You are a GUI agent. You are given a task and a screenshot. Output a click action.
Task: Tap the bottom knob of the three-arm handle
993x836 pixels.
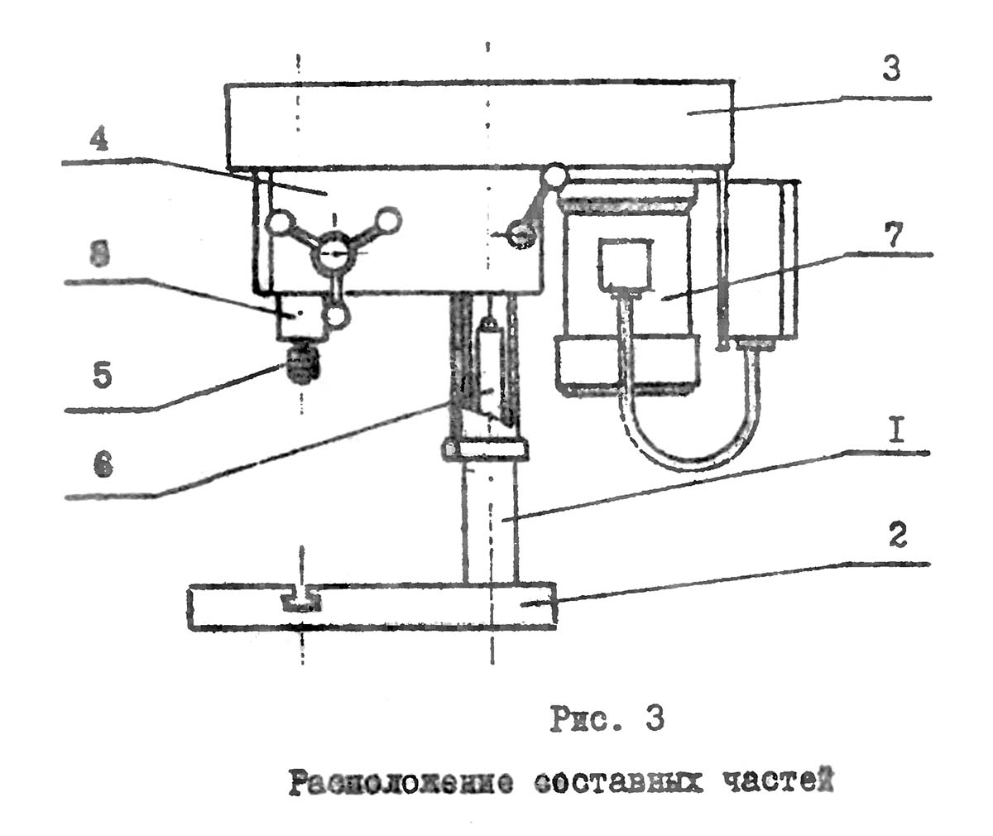pyautogui.click(x=335, y=316)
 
